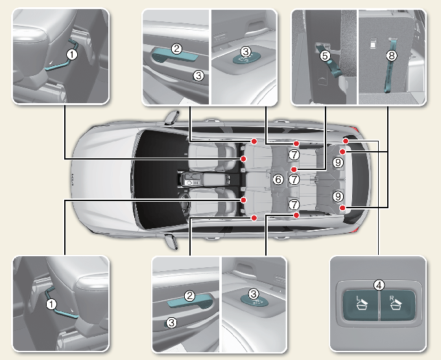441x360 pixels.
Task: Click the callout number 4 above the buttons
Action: click(x=379, y=283)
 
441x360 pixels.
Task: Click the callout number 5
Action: click(x=325, y=56)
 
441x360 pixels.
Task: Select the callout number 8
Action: click(x=390, y=56)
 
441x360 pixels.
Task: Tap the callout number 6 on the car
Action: click(x=278, y=179)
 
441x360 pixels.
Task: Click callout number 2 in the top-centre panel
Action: click(x=176, y=48)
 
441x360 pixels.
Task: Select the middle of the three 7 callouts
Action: click(x=294, y=179)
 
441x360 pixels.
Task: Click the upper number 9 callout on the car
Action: click(x=338, y=163)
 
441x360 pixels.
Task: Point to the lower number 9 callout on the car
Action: click(x=338, y=195)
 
